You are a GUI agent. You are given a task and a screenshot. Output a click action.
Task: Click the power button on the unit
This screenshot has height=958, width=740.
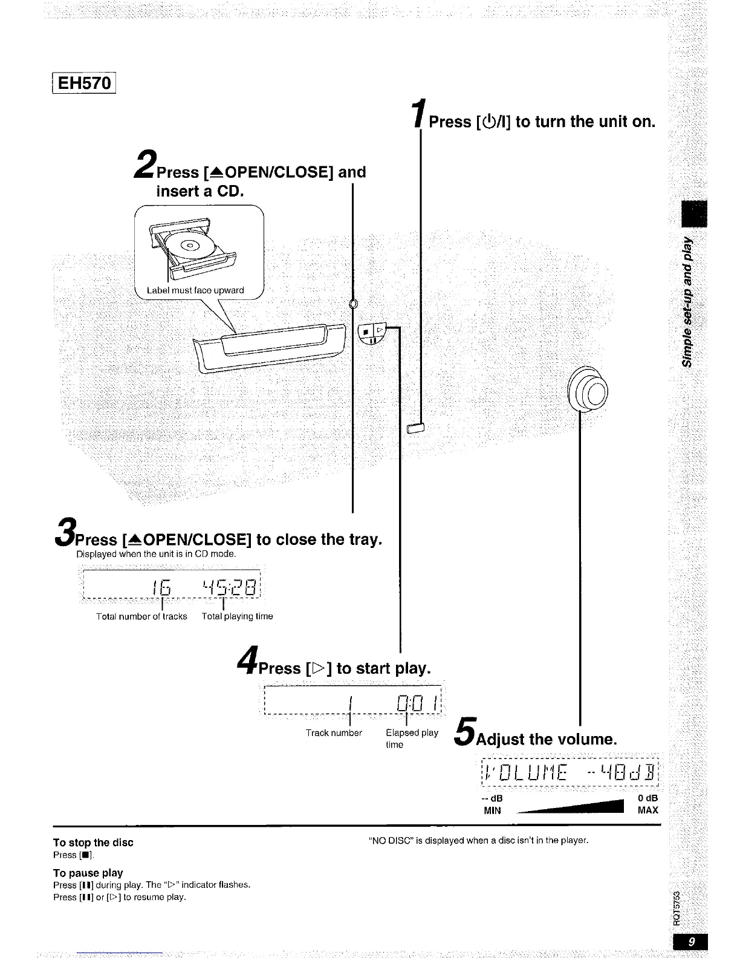[x=417, y=429]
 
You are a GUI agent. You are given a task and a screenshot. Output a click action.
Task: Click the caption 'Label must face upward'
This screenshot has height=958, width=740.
[x=195, y=290]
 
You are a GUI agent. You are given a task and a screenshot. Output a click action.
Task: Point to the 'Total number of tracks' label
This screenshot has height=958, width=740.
[x=141, y=616]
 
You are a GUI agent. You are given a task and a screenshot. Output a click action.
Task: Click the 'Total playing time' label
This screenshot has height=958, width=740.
[x=237, y=616]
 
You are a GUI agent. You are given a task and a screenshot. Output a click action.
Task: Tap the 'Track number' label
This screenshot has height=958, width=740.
[x=334, y=733]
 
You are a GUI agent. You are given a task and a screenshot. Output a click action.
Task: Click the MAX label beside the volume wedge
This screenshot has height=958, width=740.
[x=647, y=810]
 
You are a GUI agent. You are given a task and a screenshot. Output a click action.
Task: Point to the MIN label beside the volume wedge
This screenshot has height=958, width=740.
[x=492, y=810]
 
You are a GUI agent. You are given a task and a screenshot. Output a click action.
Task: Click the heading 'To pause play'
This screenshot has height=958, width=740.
[x=88, y=873]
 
